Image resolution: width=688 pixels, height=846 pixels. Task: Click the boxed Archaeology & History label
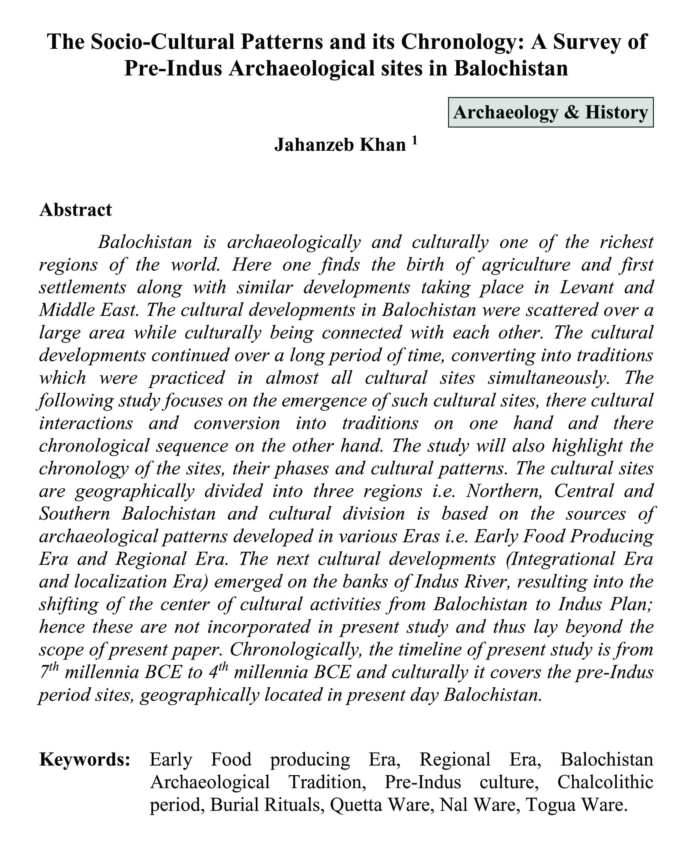pyautogui.click(x=550, y=113)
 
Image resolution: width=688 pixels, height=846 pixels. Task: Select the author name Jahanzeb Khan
pyautogui.click(x=340, y=145)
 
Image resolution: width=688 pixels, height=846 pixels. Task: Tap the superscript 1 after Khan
pyautogui.click(x=414, y=140)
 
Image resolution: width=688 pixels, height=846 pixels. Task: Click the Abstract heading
pyautogui.click(x=75, y=210)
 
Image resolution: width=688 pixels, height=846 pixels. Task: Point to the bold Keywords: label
pyautogui.click(x=85, y=760)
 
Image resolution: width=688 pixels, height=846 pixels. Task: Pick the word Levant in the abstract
pyautogui.click(x=587, y=287)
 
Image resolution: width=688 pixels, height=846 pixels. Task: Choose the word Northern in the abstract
pyautogui.click(x=505, y=491)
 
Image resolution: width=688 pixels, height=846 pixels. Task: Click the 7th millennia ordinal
pyautogui.click(x=49, y=672)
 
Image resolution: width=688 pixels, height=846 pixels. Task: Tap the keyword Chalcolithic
pyautogui.click(x=605, y=782)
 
